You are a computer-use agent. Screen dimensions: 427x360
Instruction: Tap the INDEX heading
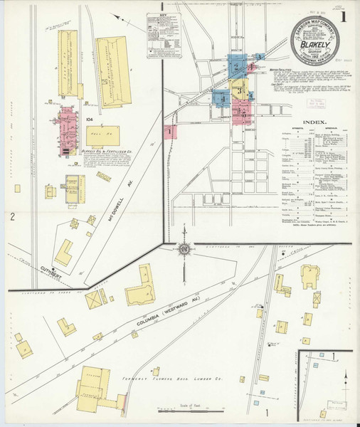coord(314,122)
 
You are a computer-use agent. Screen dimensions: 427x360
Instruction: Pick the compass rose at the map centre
coord(184,248)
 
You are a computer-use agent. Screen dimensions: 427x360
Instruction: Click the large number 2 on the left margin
coord(13,216)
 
